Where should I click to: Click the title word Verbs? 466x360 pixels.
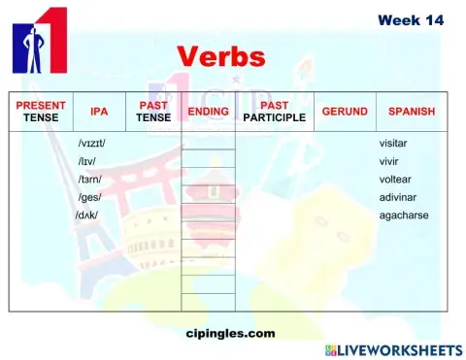[221, 56]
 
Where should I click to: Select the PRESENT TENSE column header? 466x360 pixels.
[41, 112]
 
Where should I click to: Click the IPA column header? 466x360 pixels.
[99, 112]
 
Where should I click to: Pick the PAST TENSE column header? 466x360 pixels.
[153, 112]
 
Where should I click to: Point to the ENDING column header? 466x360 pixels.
[208, 112]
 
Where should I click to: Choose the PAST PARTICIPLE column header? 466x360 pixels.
[275, 112]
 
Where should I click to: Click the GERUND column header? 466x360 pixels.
[345, 112]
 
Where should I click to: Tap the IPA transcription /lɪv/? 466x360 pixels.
[87, 161]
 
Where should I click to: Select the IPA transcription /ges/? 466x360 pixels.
[88, 197]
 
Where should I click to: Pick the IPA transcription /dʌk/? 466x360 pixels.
[87, 214]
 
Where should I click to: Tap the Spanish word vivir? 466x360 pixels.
[390, 161]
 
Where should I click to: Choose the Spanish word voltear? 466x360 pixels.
[396, 180]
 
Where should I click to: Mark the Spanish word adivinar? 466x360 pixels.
[398, 197]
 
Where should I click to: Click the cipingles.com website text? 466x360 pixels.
[230, 333]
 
